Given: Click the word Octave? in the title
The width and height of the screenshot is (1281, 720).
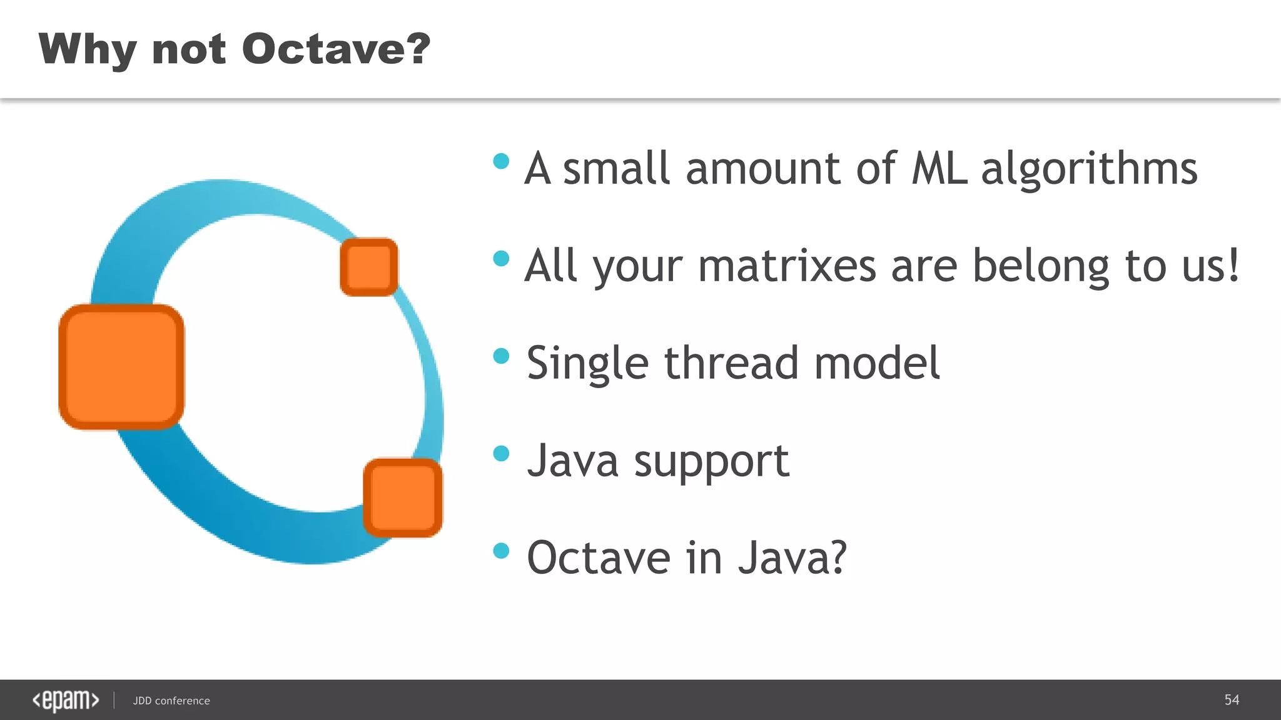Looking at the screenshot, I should (x=336, y=49).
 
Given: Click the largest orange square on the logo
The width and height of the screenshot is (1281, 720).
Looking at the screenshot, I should (x=121, y=367).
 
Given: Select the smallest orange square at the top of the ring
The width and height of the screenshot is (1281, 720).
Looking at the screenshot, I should (x=369, y=267).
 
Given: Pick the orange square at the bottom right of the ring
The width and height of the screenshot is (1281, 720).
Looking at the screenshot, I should (x=403, y=497).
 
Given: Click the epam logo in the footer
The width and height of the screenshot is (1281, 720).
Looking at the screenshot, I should (x=66, y=700).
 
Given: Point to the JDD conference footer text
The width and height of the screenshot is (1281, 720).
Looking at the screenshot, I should (x=171, y=701).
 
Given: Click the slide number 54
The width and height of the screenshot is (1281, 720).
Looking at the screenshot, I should (x=1231, y=699).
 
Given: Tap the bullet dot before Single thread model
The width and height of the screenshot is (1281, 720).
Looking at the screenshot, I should (x=501, y=356).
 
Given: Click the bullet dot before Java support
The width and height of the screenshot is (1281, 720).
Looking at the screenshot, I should (x=501, y=453).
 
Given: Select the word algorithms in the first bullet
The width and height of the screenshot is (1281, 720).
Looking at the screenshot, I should (x=1089, y=170).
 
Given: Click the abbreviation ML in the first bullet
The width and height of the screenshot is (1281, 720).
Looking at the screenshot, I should (x=939, y=169).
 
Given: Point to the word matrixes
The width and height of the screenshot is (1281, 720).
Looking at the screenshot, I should (x=787, y=266).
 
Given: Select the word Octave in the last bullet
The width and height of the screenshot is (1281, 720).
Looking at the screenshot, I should (x=599, y=557).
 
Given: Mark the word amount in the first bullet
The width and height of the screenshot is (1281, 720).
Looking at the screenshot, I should (x=763, y=169).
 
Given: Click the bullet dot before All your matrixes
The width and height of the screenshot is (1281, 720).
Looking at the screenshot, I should (x=501, y=258).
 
